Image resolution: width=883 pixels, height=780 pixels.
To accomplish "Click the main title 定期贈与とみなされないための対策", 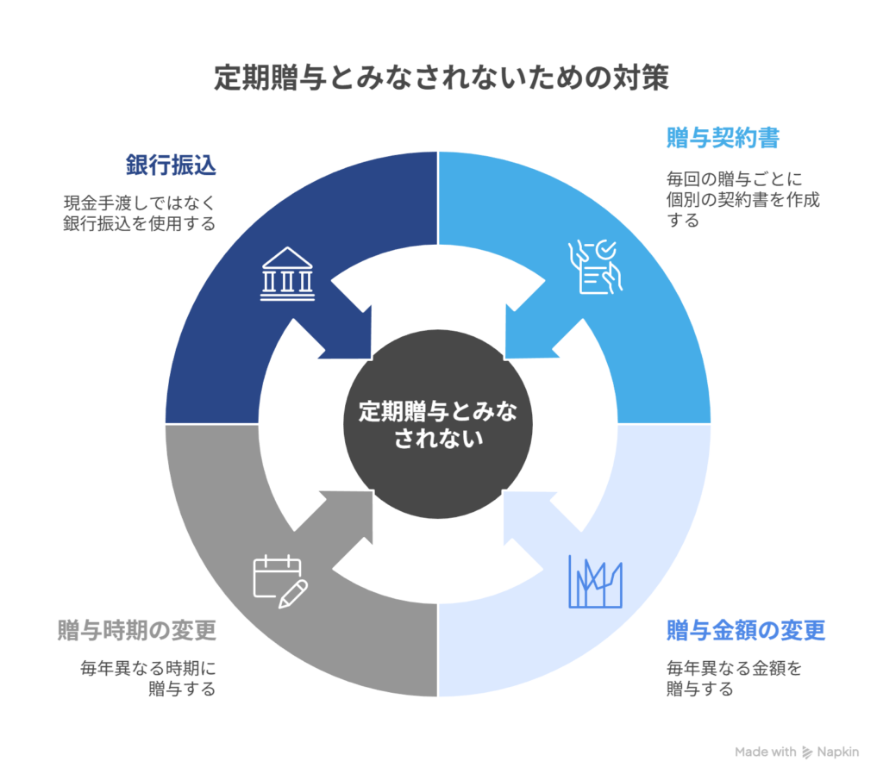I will tap(441, 79).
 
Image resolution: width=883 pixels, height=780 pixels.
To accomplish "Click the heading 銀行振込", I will tap(171, 166).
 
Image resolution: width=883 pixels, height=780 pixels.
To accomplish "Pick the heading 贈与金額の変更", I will tap(746, 630).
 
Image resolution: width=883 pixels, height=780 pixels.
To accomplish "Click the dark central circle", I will tap(438, 424).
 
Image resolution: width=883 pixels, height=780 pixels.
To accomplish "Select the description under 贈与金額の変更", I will tap(733, 677).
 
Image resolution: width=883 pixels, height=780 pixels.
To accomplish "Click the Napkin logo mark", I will tap(808, 752).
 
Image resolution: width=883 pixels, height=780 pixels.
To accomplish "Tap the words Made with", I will tap(766, 752).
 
